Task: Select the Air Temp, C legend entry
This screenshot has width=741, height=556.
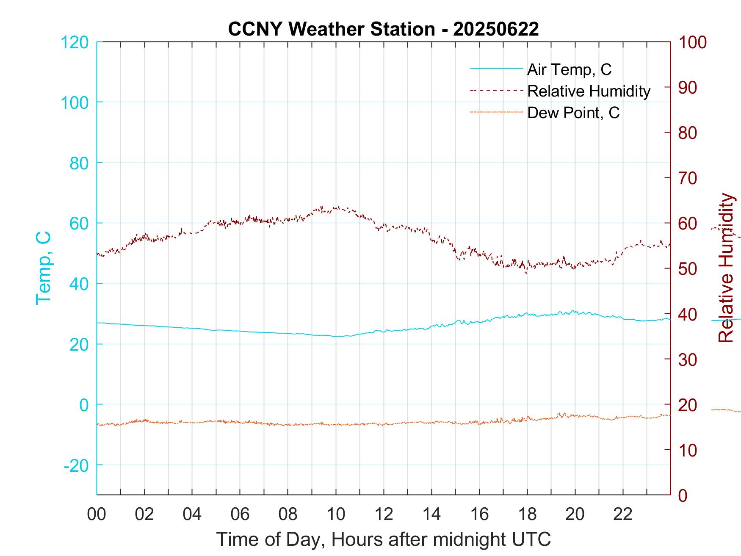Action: [569, 69]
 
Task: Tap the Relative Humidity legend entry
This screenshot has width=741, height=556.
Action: [589, 91]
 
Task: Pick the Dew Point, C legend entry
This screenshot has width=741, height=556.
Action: [573, 113]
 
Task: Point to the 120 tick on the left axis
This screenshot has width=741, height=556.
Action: [75, 42]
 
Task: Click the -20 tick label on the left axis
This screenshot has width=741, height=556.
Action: [76, 465]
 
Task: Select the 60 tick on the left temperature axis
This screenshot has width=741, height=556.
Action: [79, 223]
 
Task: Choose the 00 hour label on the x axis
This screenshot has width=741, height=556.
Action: [97, 514]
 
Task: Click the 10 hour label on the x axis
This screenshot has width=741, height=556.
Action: [336, 514]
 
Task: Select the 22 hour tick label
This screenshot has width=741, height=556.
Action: [623, 514]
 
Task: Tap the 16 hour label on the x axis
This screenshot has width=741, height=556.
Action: [479, 514]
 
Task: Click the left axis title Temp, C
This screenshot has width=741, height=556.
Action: [43, 268]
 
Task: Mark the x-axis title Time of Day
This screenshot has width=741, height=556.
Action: [383, 539]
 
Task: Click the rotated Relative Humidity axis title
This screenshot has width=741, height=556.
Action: [726, 268]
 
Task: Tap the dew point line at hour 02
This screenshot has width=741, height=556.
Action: [144, 420]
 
